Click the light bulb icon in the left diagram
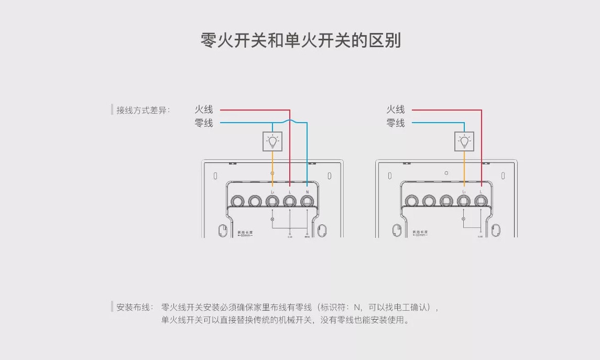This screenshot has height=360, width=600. click(x=272, y=140)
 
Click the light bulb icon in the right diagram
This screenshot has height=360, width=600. click(x=464, y=140)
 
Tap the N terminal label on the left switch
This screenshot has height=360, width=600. click(x=307, y=192)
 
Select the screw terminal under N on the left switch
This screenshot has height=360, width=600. click(x=307, y=201)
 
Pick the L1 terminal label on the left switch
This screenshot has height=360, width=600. click(x=272, y=192)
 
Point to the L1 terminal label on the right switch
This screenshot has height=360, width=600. click(x=464, y=192)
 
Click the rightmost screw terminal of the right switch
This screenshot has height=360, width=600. click(x=481, y=201)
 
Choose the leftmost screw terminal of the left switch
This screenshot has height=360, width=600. click(x=238, y=201)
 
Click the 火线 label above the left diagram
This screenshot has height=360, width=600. click(x=204, y=110)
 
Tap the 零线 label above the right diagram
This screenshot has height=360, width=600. click(x=396, y=123)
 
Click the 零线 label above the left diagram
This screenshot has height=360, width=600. click(x=204, y=123)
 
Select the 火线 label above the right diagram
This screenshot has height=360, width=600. click(x=396, y=110)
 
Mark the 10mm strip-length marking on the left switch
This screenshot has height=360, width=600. click(x=245, y=234)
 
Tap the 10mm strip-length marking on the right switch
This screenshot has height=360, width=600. click(x=419, y=234)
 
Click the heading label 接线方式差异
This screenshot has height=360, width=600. click(x=143, y=110)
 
